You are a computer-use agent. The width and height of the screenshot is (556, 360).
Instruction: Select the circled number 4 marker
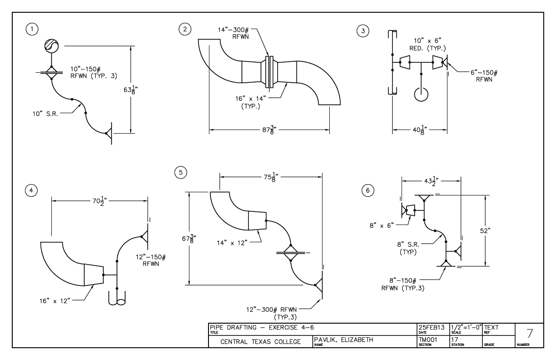click(x=31, y=191)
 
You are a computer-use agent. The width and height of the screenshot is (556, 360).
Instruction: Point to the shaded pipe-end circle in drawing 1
click(x=52, y=46)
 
